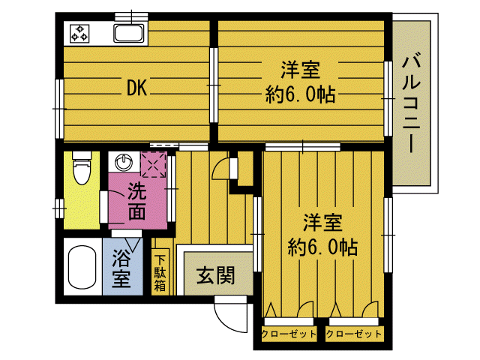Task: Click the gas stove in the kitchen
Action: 79,33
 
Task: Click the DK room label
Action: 136,88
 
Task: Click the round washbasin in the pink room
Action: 123,162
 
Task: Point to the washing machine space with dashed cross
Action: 154,165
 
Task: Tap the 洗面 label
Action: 136,200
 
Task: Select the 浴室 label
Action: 121,270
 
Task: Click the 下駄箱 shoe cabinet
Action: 160,272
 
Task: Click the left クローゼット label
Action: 289,333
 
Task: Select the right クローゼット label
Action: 354,333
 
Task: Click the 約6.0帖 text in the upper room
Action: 300,95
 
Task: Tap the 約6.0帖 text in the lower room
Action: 323,247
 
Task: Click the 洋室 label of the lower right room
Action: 323,223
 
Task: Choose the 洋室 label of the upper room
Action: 300,71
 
